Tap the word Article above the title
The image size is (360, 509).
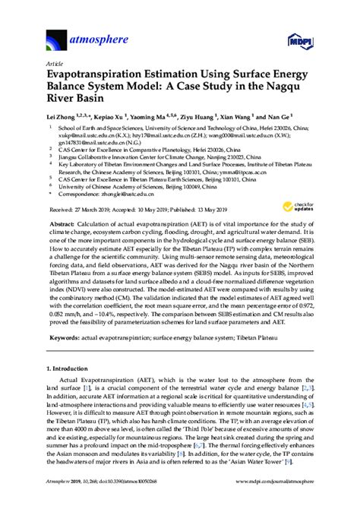55,65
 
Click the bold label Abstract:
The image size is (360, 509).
63,226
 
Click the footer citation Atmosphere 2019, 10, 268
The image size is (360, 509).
76,501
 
